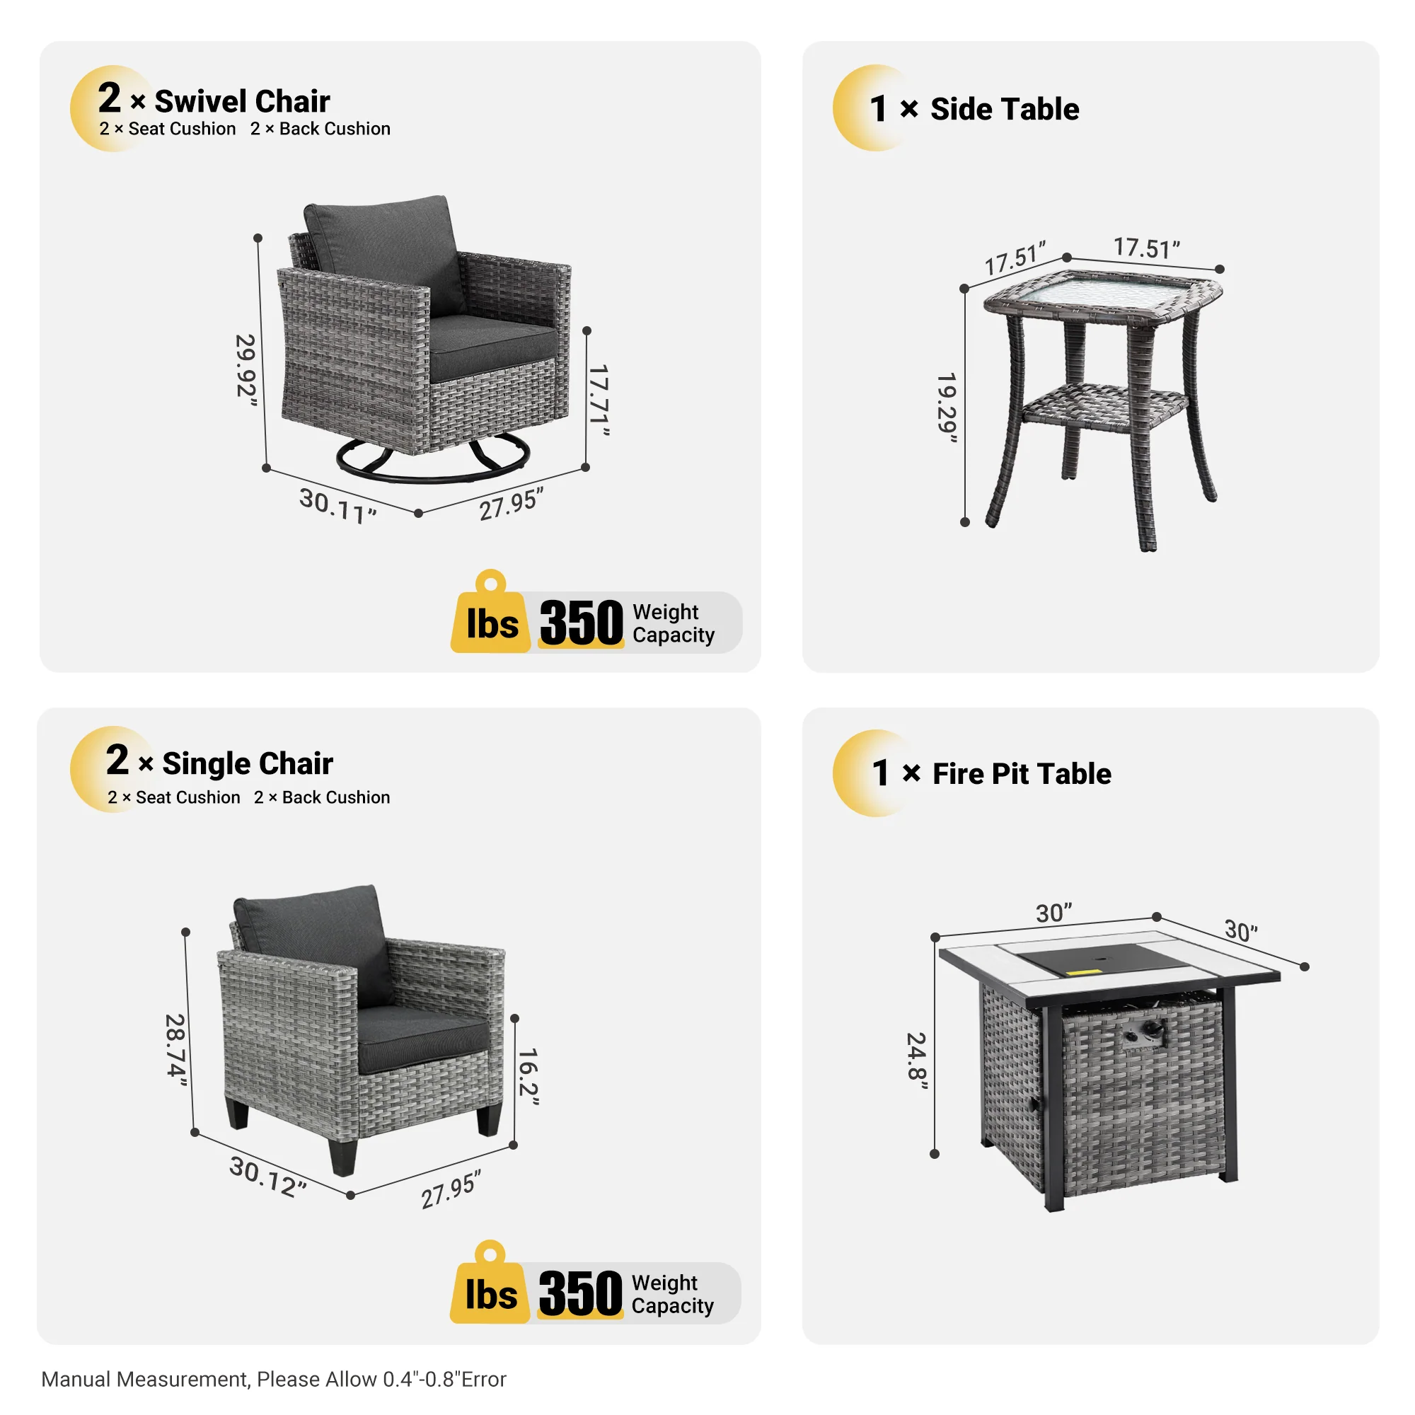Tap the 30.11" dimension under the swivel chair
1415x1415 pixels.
coord(337,505)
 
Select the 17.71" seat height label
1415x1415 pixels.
coord(599,400)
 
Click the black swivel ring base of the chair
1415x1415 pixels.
coord(433,469)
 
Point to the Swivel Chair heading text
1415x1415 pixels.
coord(242,101)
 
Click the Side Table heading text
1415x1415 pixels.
coord(1004,109)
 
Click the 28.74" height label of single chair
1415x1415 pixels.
coord(175,1046)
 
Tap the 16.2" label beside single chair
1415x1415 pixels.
coord(528,1077)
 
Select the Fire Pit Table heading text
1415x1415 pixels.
coord(1022,774)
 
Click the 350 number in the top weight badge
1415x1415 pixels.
coord(581,623)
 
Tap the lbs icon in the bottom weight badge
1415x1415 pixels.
coord(490,1294)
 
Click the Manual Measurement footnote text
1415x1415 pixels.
coord(273,1379)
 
